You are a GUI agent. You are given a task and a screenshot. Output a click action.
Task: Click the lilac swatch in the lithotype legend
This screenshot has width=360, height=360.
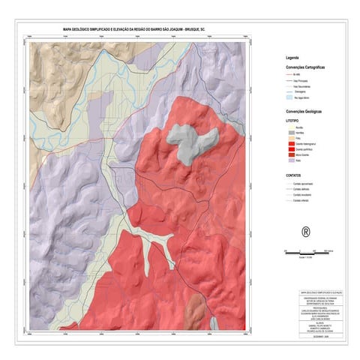290,160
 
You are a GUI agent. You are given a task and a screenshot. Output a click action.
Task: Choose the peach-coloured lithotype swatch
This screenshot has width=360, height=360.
290,139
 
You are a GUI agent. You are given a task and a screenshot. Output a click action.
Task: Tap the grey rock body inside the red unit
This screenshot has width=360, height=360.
190,141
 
